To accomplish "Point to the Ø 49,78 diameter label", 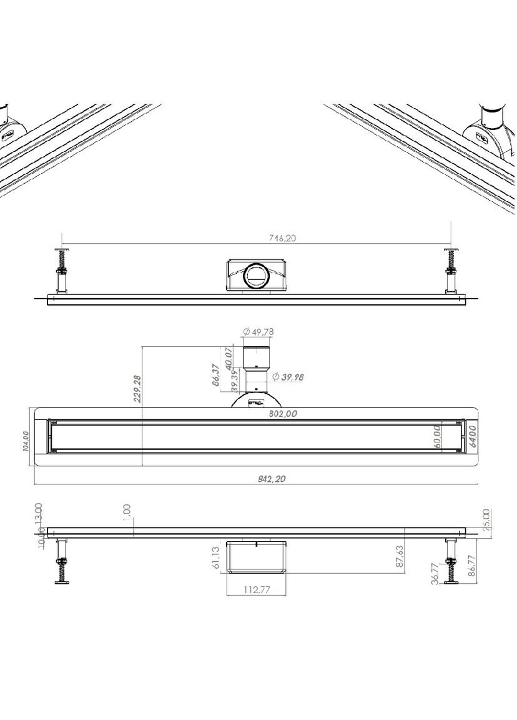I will [258, 331].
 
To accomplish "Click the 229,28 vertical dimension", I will [138, 387].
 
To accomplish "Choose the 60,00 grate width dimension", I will [436, 436].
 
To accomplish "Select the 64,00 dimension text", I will [473, 436].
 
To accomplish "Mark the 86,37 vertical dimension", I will [215, 376].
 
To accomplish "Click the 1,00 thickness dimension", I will [127, 512].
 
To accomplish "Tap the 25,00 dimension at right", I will [486, 518].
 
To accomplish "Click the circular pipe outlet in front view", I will [255, 275].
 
